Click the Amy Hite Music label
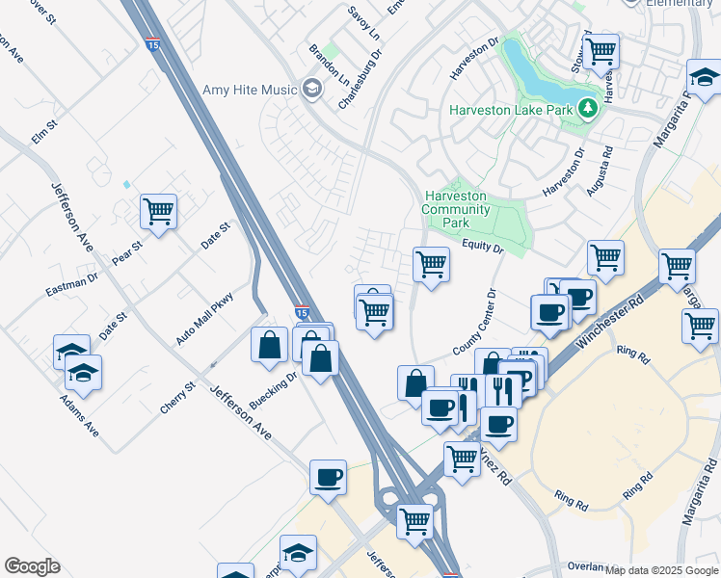[x=250, y=90]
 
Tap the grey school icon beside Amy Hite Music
[x=310, y=90]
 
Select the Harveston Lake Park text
[x=511, y=109]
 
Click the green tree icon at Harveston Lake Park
[x=586, y=109]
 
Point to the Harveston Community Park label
[x=457, y=209]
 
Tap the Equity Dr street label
[x=482, y=248]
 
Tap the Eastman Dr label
[x=72, y=284]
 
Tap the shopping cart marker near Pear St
[x=158, y=212]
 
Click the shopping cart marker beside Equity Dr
[x=431, y=264]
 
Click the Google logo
[x=32, y=566]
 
